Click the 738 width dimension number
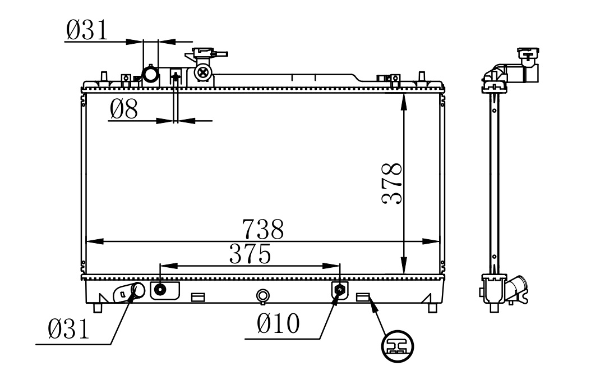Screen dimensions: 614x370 (263, 229)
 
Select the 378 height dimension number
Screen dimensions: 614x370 (392, 184)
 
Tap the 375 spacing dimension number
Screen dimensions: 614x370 (250, 254)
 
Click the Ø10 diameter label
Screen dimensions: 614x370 (279, 323)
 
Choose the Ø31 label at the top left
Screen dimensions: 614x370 (86, 30)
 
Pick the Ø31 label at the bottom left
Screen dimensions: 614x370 (68, 328)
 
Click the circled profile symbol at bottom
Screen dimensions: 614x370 (398, 346)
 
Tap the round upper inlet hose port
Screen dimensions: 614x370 (150, 75)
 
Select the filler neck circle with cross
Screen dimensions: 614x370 (203, 72)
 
